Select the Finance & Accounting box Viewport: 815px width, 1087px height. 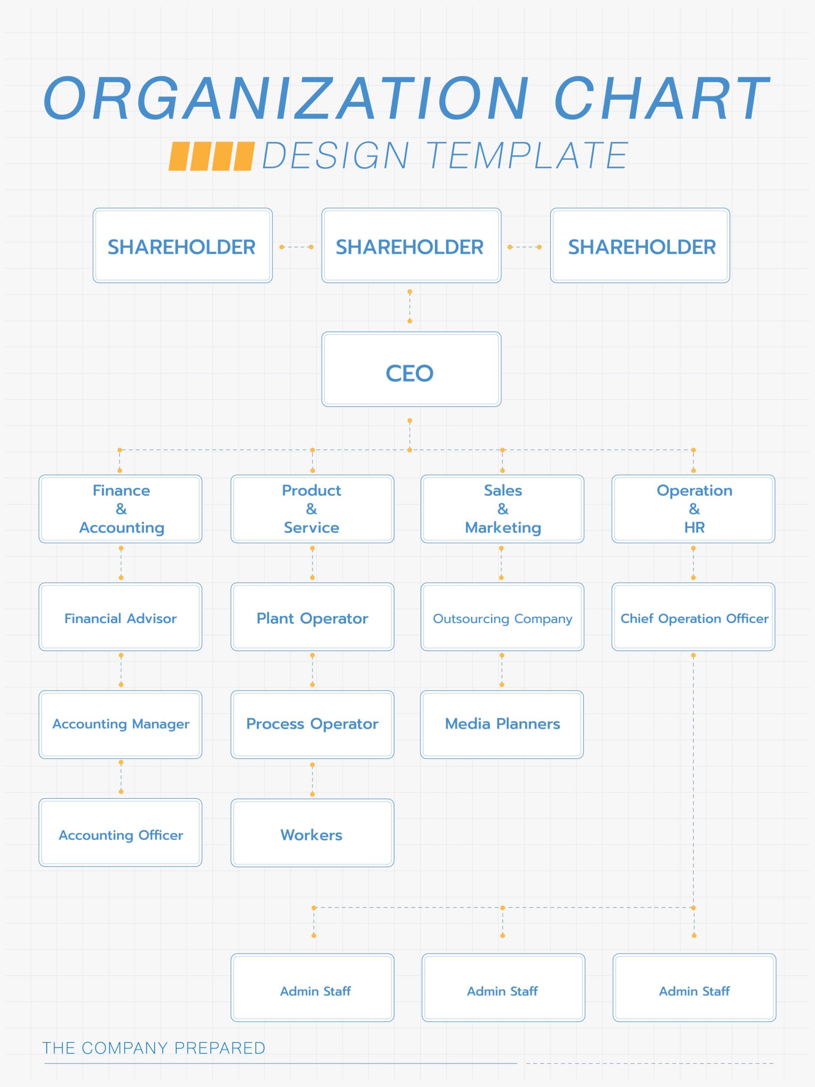tap(120, 509)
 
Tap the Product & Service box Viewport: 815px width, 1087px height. tap(312, 509)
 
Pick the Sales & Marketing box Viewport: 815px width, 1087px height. tap(502, 509)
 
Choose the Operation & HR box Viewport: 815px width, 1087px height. tap(693, 509)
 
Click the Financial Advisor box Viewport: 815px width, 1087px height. tap(120, 617)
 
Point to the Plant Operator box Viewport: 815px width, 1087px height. tap(312, 617)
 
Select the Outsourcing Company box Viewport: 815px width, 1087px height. tap(502, 617)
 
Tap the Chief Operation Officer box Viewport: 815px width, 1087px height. tap(693, 617)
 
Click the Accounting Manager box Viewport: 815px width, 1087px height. tap(120, 724)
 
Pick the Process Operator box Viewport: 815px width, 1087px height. tap(312, 724)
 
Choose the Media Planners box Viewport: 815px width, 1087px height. tap(502, 724)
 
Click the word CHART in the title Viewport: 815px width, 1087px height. tap(661, 99)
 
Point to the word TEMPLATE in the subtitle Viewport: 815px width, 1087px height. tap(526, 156)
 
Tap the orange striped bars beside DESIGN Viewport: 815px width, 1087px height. tap(211, 156)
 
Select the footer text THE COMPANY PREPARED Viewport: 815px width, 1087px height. tap(153, 1048)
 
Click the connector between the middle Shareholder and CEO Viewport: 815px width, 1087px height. tap(410, 307)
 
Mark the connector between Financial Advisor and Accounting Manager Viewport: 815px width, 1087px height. tap(121, 670)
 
